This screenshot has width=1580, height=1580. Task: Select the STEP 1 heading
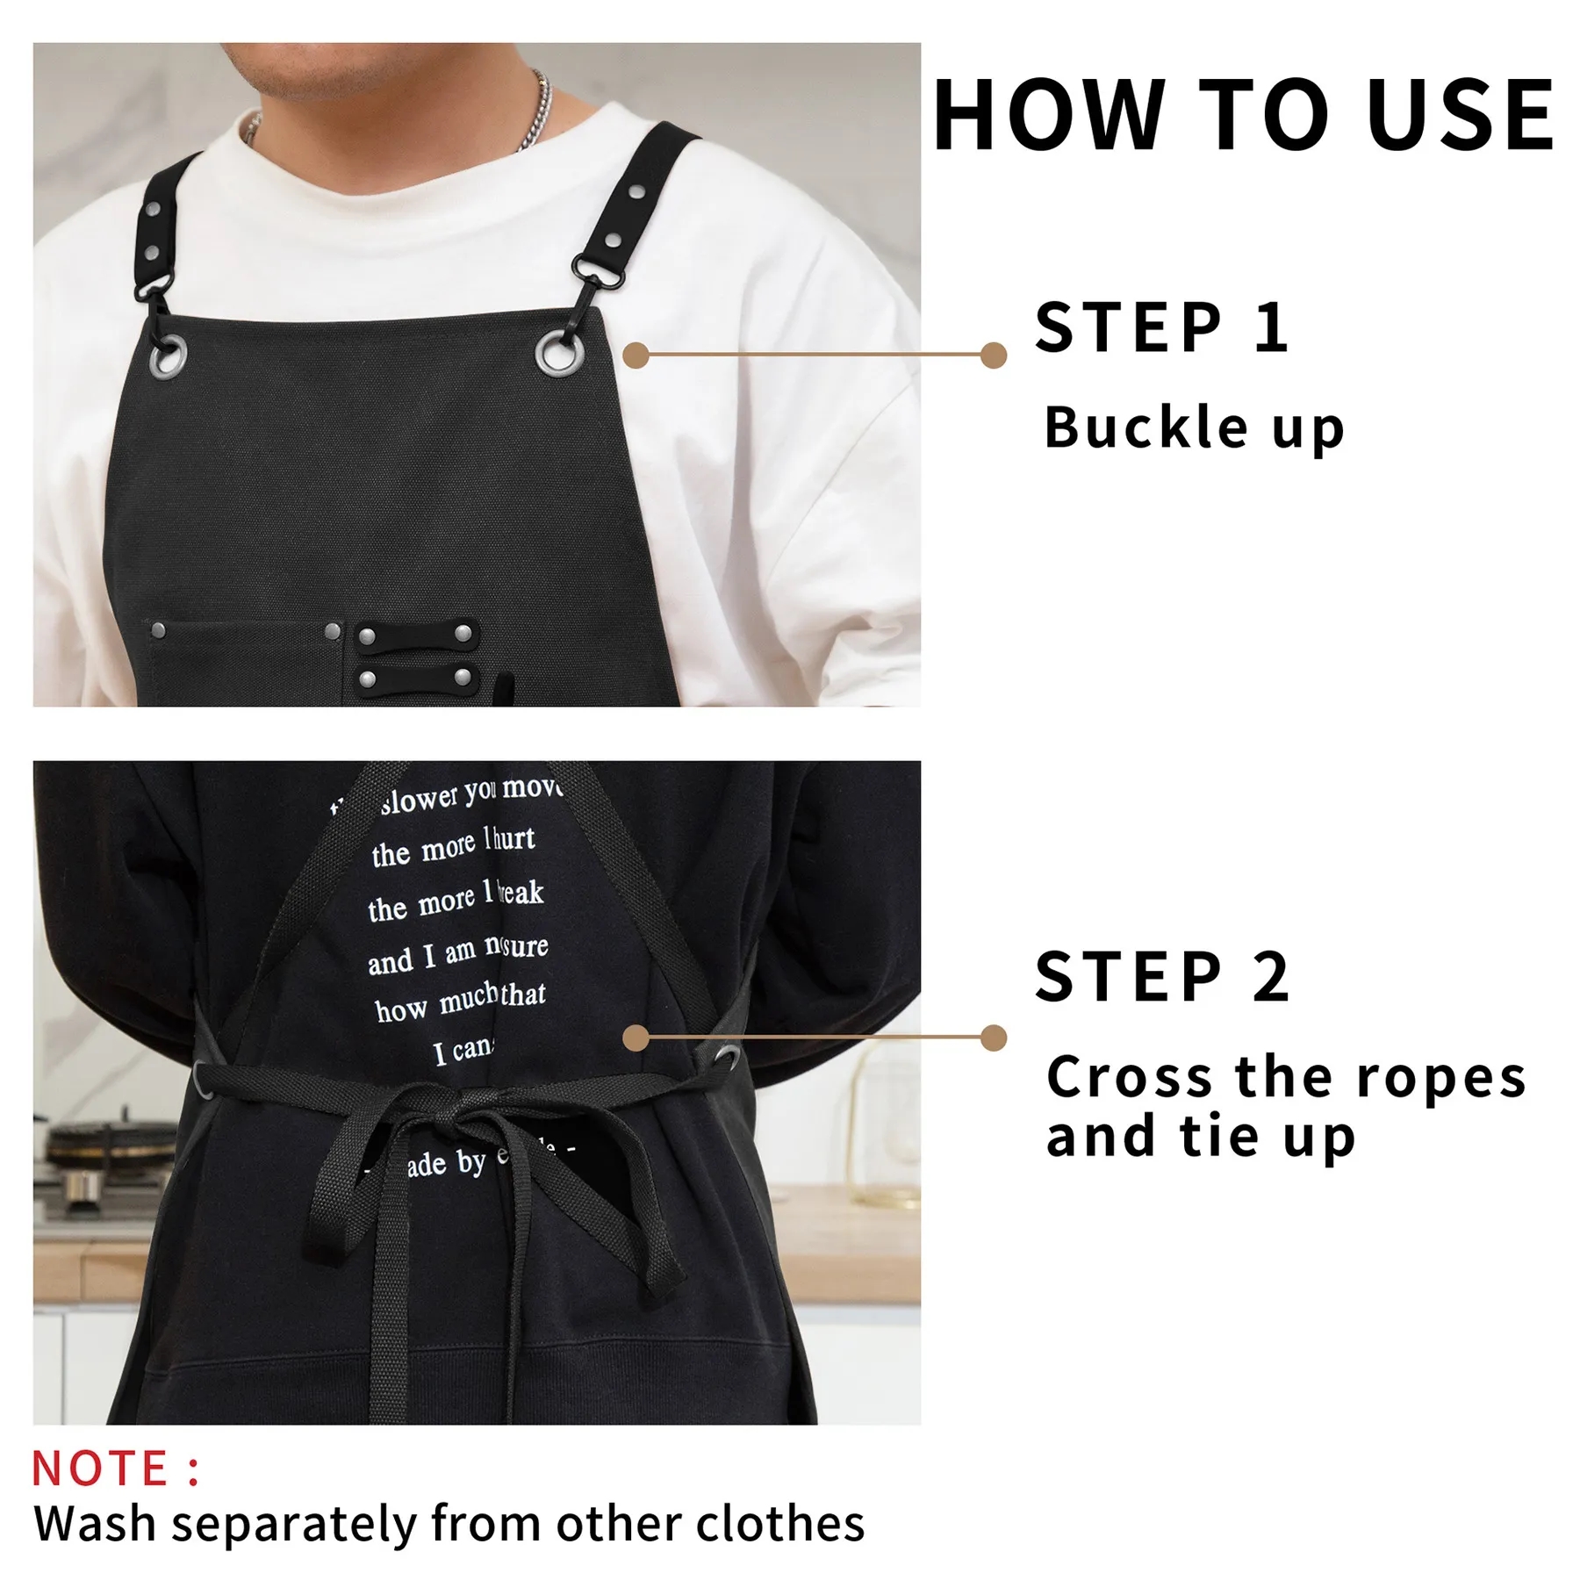[1160, 327]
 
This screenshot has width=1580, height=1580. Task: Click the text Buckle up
[1194, 428]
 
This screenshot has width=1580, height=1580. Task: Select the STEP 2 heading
[1160, 976]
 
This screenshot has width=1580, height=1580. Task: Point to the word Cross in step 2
[1132, 1076]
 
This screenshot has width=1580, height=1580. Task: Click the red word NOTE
[100, 1469]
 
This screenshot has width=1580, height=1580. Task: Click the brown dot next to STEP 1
[993, 355]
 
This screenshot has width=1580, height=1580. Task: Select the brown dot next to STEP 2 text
[993, 1038]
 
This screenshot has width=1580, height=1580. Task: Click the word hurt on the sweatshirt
[513, 840]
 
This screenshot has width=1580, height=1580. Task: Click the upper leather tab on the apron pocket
[416, 635]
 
